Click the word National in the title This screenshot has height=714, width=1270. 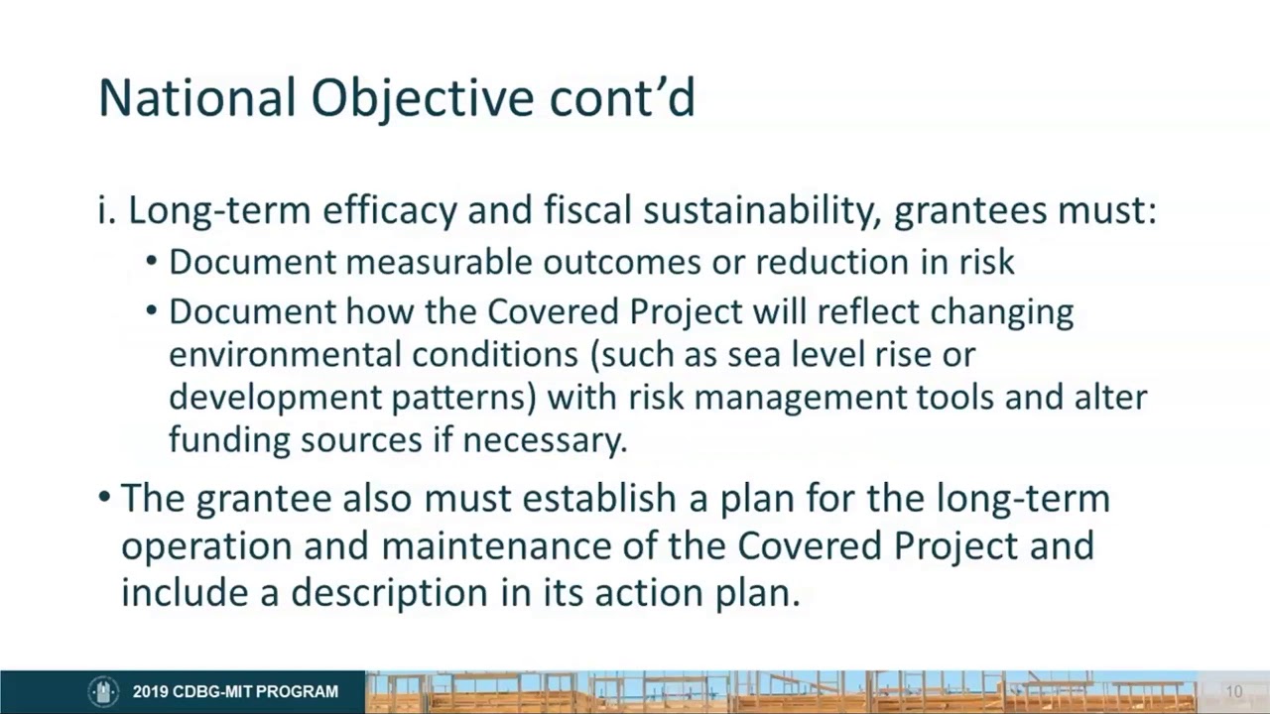(x=197, y=98)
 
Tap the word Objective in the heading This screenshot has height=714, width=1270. (x=424, y=98)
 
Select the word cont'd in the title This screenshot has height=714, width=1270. (x=622, y=98)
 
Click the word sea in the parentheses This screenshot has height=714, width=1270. (x=753, y=354)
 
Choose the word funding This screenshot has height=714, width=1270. (x=229, y=439)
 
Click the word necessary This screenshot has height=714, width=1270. (x=545, y=439)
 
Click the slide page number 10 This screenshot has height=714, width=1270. (x=1233, y=691)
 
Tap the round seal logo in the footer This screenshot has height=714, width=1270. (x=103, y=691)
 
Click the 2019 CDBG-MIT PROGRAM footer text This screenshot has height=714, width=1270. (x=235, y=691)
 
